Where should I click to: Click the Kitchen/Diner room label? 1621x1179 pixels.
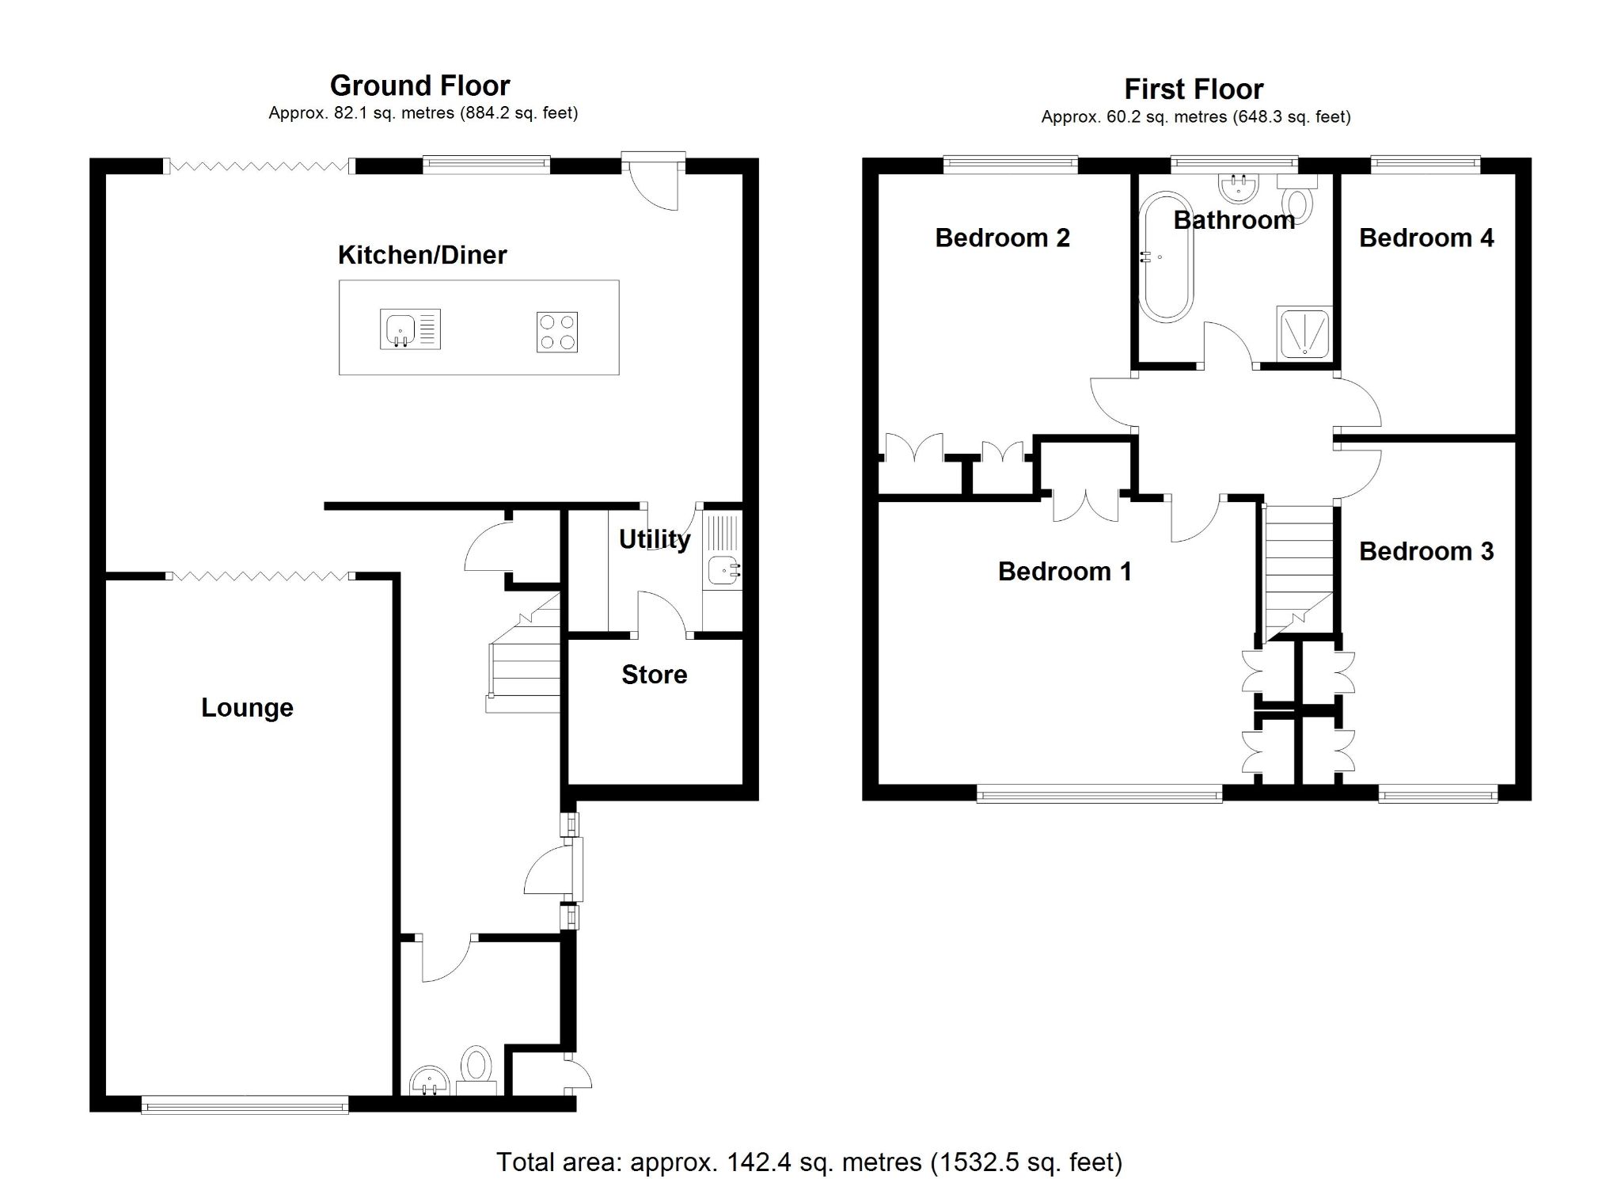(422, 255)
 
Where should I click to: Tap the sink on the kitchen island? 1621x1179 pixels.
(409, 329)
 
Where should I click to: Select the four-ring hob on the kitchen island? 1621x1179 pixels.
(556, 332)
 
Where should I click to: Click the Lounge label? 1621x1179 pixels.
(247, 707)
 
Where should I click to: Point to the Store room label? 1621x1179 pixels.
(654, 675)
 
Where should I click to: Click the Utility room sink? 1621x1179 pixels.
(722, 569)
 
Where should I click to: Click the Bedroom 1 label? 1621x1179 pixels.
(1064, 571)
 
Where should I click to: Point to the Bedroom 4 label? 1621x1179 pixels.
(1425, 238)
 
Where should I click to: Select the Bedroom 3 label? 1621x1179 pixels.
(1425, 551)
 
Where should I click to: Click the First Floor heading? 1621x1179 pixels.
(1194, 89)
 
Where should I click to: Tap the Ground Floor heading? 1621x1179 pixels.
(419, 86)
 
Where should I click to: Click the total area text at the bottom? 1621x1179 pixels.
(809, 1162)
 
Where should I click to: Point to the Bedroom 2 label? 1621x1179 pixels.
(1002, 238)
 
